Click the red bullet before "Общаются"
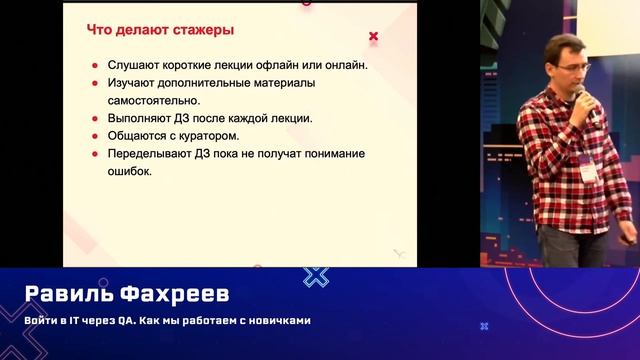click(x=95, y=136)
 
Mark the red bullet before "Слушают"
click(x=95, y=66)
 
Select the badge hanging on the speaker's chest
click(x=588, y=169)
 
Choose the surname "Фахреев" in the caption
click(x=187, y=295)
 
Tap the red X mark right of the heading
click(x=374, y=37)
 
